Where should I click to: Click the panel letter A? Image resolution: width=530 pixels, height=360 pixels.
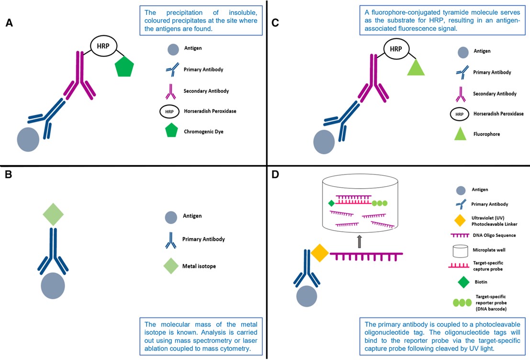coord(9,23)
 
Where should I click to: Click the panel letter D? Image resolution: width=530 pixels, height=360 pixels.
coord(275,175)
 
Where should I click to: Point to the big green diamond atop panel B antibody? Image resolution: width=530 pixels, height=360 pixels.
coord(53,215)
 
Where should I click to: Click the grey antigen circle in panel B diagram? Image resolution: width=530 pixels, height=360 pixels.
coord(53,286)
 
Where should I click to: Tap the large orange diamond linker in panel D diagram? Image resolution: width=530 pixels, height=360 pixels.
coord(319,252)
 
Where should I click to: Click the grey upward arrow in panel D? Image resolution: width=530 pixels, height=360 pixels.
coord(360,242)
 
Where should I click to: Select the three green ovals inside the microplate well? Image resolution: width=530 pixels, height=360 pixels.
coord(380,203)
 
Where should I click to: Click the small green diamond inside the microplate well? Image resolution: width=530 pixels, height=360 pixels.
coord(331,203)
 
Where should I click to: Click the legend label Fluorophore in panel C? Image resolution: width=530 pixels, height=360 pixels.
coord(486,134)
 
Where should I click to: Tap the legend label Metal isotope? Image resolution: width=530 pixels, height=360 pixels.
coord(199,266)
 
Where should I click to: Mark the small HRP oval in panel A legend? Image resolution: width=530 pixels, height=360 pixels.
coord(169,111)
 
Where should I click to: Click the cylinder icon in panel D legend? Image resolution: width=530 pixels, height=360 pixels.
coord(460,250)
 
